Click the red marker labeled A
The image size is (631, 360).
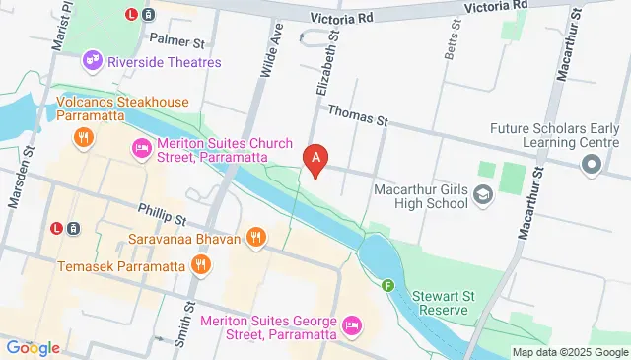315,158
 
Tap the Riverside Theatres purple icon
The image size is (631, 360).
94,60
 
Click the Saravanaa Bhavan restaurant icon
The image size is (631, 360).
256,236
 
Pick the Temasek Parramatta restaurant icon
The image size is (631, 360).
201,263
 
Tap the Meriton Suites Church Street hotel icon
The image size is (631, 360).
140,150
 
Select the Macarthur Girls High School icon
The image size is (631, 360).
482,194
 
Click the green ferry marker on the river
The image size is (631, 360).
388,286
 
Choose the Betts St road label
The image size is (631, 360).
451,44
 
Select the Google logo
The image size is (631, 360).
33,347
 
